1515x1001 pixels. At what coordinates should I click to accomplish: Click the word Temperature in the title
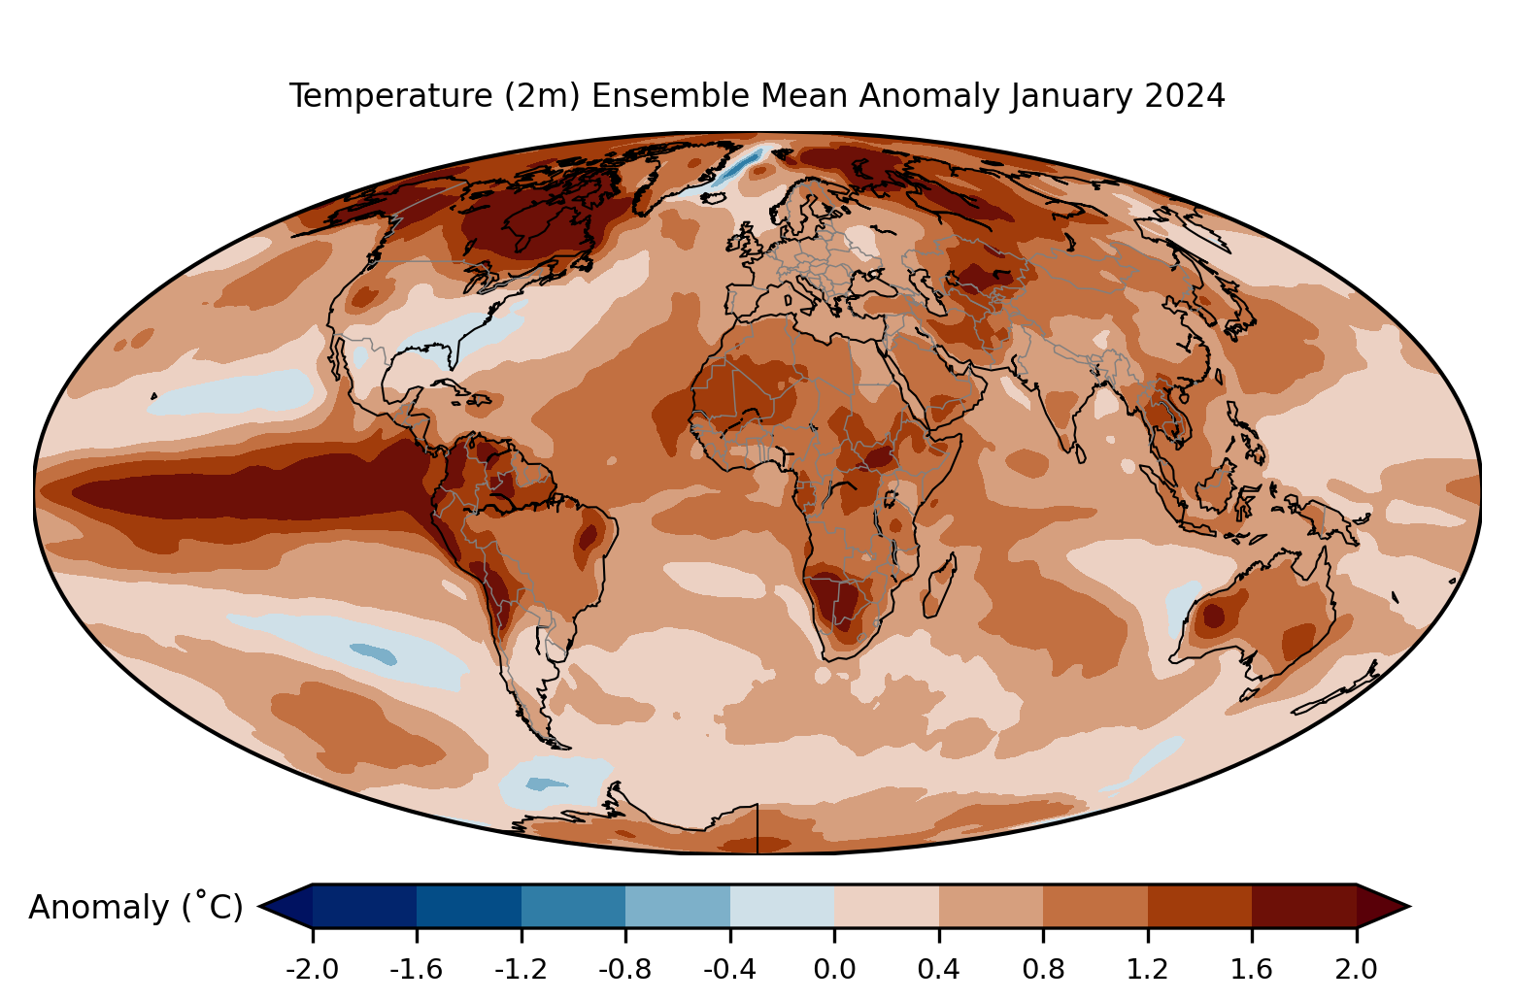pyautogui.click(x=391, y=96)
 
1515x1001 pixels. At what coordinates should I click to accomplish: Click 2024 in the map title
pyautogui.click(x=1184, y=96)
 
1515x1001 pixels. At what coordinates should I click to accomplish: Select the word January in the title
pyautogui.click(x=1071, y=97)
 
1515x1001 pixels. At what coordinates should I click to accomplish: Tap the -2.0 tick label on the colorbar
pyautogui.click(x=312, y=969)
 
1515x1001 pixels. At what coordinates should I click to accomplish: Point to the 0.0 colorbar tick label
pyautogui.click(x=834, y=969)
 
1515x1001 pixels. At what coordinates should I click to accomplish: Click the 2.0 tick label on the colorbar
pyautogui.click(x=1356, y=969)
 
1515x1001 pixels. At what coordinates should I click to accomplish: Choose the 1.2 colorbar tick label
pyautogui.click(x=1147, y=969)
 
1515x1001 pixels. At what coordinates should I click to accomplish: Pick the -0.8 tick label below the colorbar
pyautogui.click(x=625, y=969)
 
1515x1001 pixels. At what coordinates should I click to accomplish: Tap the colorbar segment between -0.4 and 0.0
pyautogui.click(x=782, y=906)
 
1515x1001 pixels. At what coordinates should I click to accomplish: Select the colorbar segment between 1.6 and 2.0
pyautogui.click(x=1304, y=906)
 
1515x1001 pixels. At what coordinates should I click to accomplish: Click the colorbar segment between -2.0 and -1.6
pyautogui.click(x=364, y=906)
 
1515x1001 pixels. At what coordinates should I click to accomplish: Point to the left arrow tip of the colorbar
pyautogui.click(x=260, y=906)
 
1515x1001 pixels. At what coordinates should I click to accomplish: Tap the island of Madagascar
pyautogui.click(x=939, y=585)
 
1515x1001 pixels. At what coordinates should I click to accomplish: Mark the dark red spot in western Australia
pyautogui.click(x=1213, y=617)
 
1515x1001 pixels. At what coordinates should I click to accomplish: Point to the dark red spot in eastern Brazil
pyautogui.click(x=588, y=536)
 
